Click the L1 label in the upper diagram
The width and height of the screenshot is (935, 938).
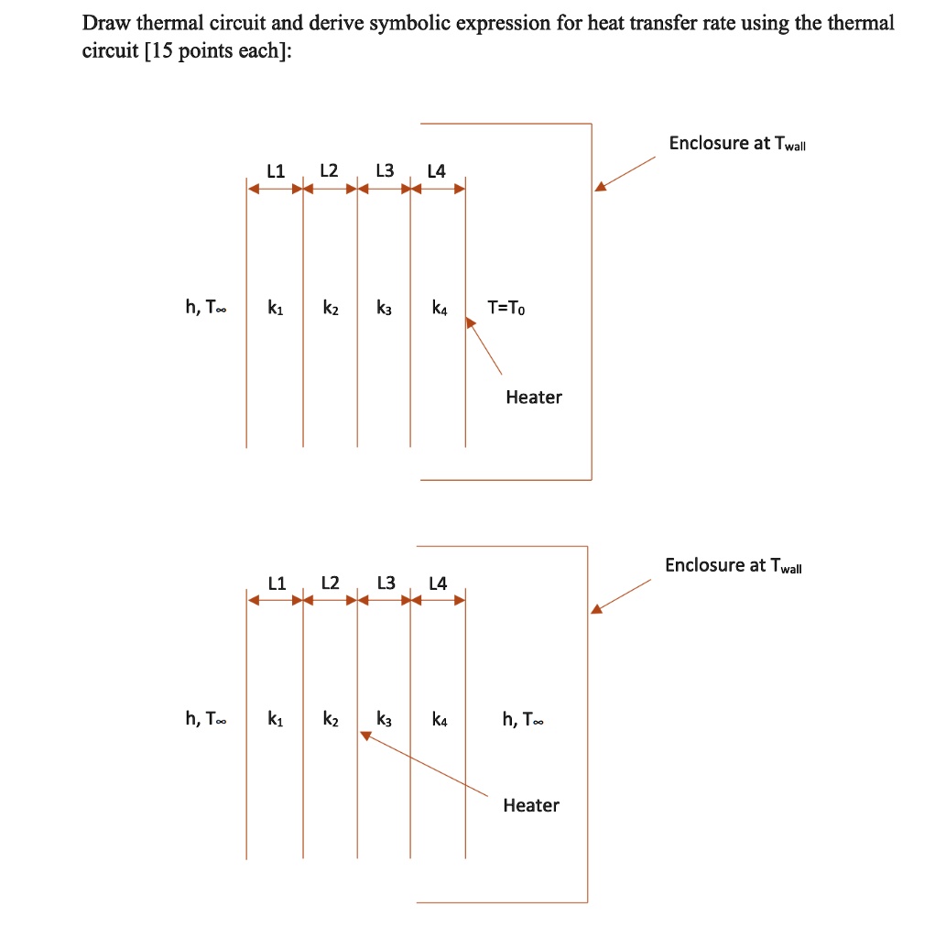click(x=276, y=170)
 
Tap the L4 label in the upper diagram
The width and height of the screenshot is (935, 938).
click(x=437, y=171)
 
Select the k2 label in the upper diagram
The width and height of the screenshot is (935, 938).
click(x=331, y=309)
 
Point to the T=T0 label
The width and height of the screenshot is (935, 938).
click(x=506, y=309)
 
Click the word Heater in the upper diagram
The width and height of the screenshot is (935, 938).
click(x=534, y=397)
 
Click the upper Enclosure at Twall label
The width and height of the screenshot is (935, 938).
click(x=737, y=144)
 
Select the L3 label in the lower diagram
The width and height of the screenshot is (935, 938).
click(x=386, y=583)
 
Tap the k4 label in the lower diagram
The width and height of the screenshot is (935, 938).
click(x=440, y=720)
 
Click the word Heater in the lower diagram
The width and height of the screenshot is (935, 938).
click(x=530, y=805)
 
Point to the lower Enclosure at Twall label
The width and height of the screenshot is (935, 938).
click(x=734, y=565)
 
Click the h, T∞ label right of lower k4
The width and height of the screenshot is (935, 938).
click(x=523, y=720)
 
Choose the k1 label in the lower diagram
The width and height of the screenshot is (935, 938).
click(x=275, y=720)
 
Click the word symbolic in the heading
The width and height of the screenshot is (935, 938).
click(x=411, y=23)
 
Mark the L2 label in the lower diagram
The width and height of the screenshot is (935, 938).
click(x=330, y=583)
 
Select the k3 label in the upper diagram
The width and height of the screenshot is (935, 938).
click(x=385, y=309)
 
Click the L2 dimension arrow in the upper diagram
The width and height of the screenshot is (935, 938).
click(x=331, y=190)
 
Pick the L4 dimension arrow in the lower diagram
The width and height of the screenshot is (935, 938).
click(x=438, y=601)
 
